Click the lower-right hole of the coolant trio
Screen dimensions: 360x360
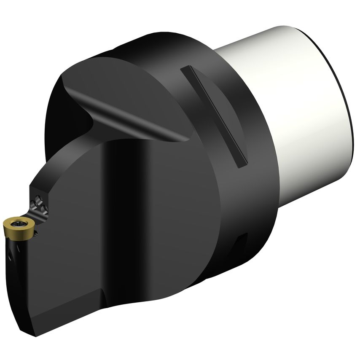point(43,207)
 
